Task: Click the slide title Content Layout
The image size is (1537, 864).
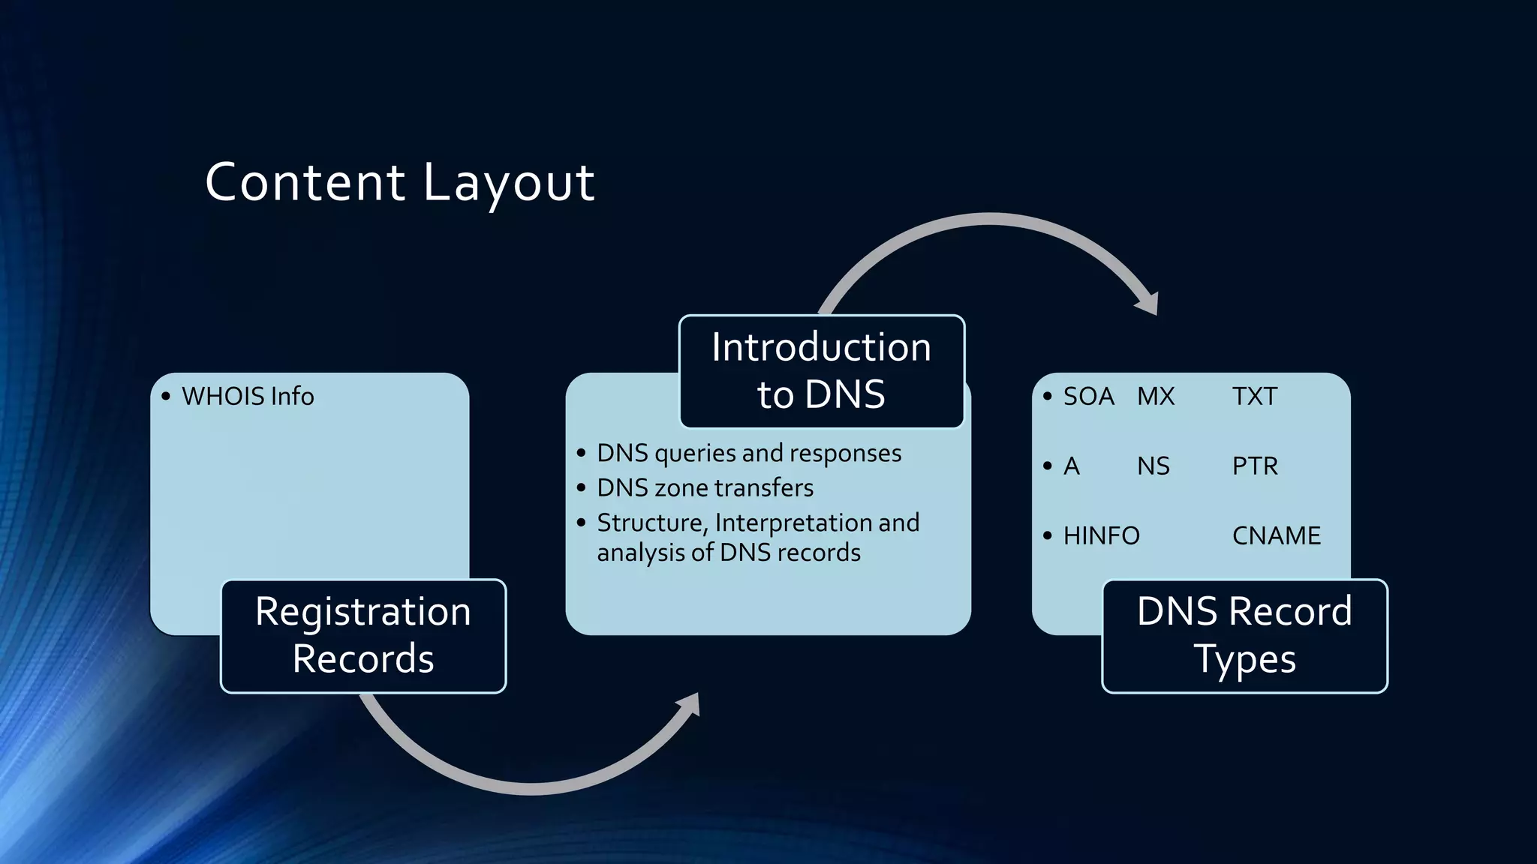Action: pyautogui.click(x=399, y=182)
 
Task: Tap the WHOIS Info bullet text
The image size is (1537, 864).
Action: pyautogui.click(x=248, y=396)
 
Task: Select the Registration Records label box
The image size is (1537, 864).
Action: pyautogui.click(x=363, y=635)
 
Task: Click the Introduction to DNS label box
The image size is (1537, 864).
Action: pyautogui.click(x=821, y=371)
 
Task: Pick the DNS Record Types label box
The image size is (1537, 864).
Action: pyautogui.click(x=1244, y=635)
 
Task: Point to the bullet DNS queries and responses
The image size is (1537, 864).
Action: pyautogui.click(x=748, y=453)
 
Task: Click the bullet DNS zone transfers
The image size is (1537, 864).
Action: pyautogui.click(x=705, y=487)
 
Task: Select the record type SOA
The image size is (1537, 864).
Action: pyautogui.click(x=1088, y=396)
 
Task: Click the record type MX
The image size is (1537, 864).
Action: pyautogui.click(x=1155, y=396)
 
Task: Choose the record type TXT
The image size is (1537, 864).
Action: pyautogui.click(x=1254, y=396)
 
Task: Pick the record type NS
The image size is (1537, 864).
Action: pyautogui.click(x=1153, y=466)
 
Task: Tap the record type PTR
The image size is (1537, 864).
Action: pyautogui.click(x=1254, y=466)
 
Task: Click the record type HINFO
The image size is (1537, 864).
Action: pyautogui.click(x=1101, y=535)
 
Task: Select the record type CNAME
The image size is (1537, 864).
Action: pyautogui.click(x=1276, y=535)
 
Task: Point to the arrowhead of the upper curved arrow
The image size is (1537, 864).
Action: pyautogui.click(x=1147, y=302)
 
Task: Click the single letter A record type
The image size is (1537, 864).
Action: pyautogui.click(x=1071, y=466)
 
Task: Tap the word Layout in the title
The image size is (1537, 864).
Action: pyautogui.click(x=509, y=182)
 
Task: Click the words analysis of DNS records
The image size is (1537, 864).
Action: pyautogui.click(x=728, y=553)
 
